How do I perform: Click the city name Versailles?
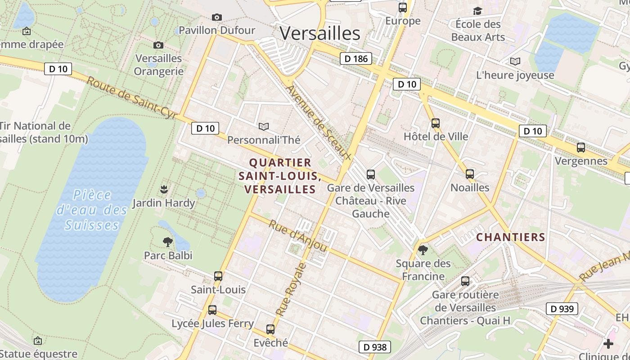pyautogui.click(x=320, y=33)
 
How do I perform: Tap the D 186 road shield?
pyautogui.click(x=355, y=58)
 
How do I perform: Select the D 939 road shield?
pyautogui.click(x=562, y=309)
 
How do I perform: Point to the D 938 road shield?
pyautogui.click(x=374, y=347)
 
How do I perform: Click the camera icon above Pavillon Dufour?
pyautogui.click(x=217, y=17)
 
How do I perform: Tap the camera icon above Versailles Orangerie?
pyautogui.click(x=158, y=45)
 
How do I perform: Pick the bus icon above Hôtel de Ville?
pyautogui.click(x=435, y=123)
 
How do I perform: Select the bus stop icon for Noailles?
pyautogui.click(x=470, y=174)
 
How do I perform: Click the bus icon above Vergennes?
pyautogui.click(x=581, y=147)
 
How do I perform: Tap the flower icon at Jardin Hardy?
pyautogui.click(x=164, y=189)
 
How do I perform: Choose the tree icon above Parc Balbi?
pyautogui.click(x=168, y=242)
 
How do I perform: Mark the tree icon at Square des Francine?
pyautogui.click(x=423, y=250)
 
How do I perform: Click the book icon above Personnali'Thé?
pyautogui.click(x=264, y=126)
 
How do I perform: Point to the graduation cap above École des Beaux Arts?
pyautogui.click(x=477, y=10)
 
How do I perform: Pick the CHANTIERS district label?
pyautogui.click(x=510, y=237)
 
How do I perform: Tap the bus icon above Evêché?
pyautogui.click(x=270, y=329)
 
